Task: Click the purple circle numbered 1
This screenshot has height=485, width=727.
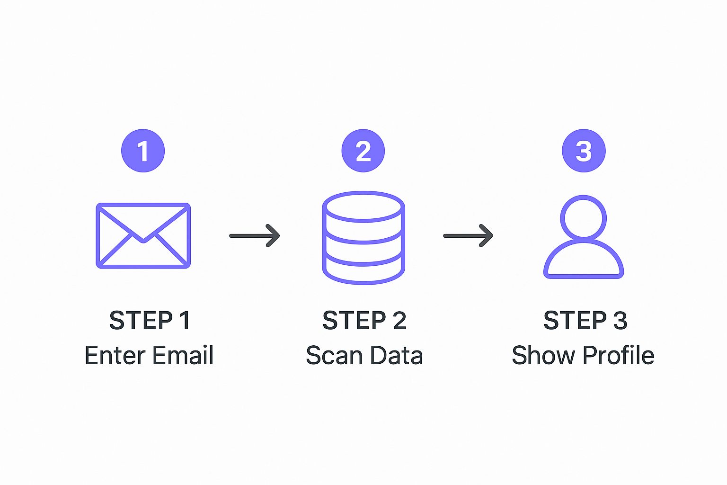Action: pos(143,151)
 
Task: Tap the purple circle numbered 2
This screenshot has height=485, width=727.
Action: pos(363,151)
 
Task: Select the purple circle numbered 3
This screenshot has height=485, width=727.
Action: pos(584,151)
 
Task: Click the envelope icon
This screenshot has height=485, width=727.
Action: pos(143,235)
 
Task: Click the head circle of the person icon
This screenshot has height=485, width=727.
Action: pos(584,218)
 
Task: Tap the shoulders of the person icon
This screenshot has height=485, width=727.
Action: pos(584,260)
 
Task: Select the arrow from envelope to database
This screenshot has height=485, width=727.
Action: pos(255,235)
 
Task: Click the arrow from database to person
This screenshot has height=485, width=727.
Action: pos(468,235)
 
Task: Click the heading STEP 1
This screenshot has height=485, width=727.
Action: pos(150,321)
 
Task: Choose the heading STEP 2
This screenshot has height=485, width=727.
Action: pos(364,321)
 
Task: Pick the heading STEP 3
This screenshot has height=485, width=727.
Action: pos(585,321)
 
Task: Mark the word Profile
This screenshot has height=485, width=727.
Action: pos(618,356)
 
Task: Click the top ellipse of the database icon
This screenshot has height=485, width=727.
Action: pos(363,206)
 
